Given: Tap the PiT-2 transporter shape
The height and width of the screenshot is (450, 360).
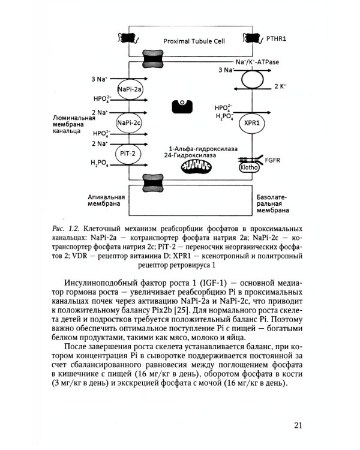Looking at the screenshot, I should coord(128,154).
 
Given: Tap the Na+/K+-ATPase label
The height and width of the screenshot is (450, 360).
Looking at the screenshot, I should coord(257,62).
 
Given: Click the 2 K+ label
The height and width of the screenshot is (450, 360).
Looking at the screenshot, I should coord(279,86).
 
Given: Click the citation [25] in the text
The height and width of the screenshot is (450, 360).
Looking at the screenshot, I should coord(187,311).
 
